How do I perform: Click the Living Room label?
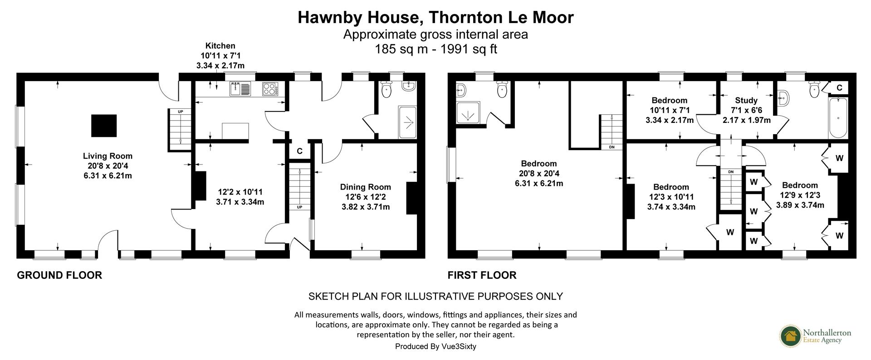(108, 156)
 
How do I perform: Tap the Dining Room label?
(365, 187)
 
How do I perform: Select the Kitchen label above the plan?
(220, 46)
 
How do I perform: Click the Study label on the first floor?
(746, 101)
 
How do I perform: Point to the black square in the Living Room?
(104, 126)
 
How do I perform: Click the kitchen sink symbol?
(240, 88)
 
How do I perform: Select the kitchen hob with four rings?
(269, 88)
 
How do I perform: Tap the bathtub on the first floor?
(837, 119)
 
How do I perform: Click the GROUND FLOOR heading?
(59, 275)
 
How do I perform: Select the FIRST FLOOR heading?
(482, 275)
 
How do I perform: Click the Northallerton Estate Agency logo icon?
(791, 336)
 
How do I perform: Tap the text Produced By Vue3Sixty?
(435, 346)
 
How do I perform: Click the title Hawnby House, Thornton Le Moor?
(435, 17)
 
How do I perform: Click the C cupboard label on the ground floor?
(299, 151)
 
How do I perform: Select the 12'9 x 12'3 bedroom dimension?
(800, 195)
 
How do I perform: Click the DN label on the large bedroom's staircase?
(611, 147)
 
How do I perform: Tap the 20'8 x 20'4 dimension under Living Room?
(108, 166)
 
